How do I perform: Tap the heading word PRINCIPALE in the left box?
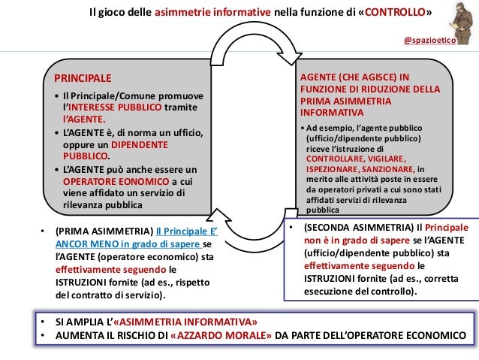[78, 77]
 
